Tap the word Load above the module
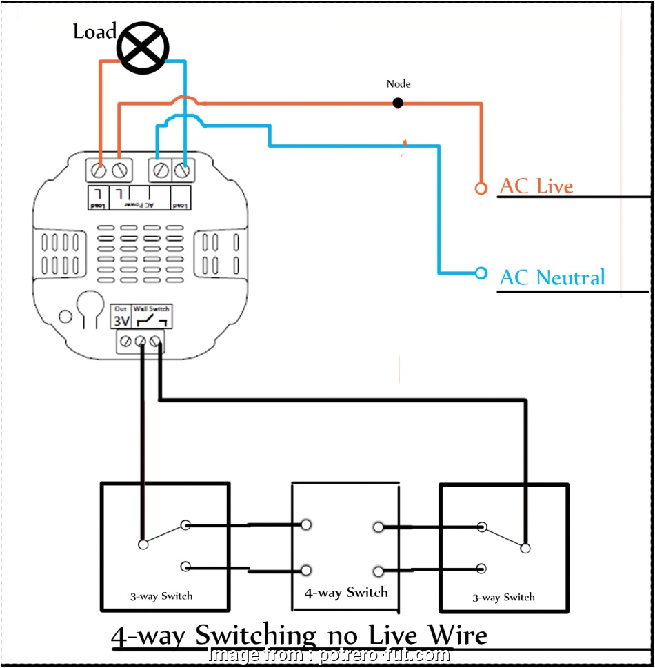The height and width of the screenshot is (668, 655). click(x=94, y=32)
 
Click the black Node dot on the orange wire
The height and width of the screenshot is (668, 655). click(x=398, y=103)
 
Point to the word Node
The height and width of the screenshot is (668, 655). click(x=399, y=83)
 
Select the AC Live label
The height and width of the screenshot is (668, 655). click(x=536, y=186)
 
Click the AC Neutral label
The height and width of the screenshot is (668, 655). click(x=552, y=277)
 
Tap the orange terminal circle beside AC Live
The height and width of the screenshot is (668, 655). click(x=481, y=188)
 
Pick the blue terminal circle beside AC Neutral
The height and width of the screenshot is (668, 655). click(x=481, y=273)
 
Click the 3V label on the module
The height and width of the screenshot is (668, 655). click(x=121, y=322)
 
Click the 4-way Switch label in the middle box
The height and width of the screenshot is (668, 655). click(x=346, y=593)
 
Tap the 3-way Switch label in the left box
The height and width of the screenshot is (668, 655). click(x=161, y=596)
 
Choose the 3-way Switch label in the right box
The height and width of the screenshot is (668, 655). click(x=503, y=598)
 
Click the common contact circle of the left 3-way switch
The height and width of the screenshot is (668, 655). click(x=143, y=544)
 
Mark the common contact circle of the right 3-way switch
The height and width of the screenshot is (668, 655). click(x=525, y=548)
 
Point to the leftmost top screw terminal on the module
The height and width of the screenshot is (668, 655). click(x=99, y=170)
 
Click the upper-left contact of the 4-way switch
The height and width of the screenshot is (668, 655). click(x=305, y=525)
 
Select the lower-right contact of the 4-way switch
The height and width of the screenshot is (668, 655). click(x=378, y=571)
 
